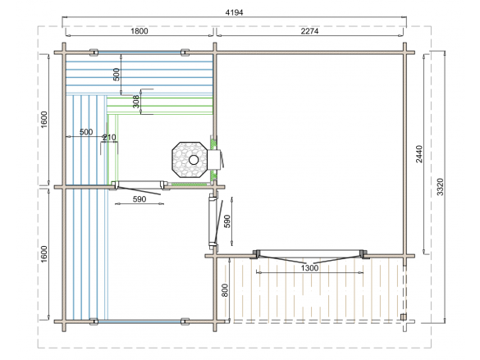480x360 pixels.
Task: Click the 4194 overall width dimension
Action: [x=234, y=12]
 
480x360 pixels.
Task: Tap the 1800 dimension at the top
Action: [x=139, y=31]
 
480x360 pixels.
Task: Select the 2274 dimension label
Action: [x=309, y=31]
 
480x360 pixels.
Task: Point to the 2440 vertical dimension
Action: [x=419, y=154]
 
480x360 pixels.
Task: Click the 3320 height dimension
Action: [x=440, y=187]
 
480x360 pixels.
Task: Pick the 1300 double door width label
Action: [x=309, y=268]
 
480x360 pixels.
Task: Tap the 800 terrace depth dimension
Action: [x=225, y=290]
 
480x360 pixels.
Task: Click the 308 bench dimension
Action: [x=136, y=101]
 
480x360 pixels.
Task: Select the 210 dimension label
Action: [x=109, y=138]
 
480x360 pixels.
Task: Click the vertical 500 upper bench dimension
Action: [x=117, y=75]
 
